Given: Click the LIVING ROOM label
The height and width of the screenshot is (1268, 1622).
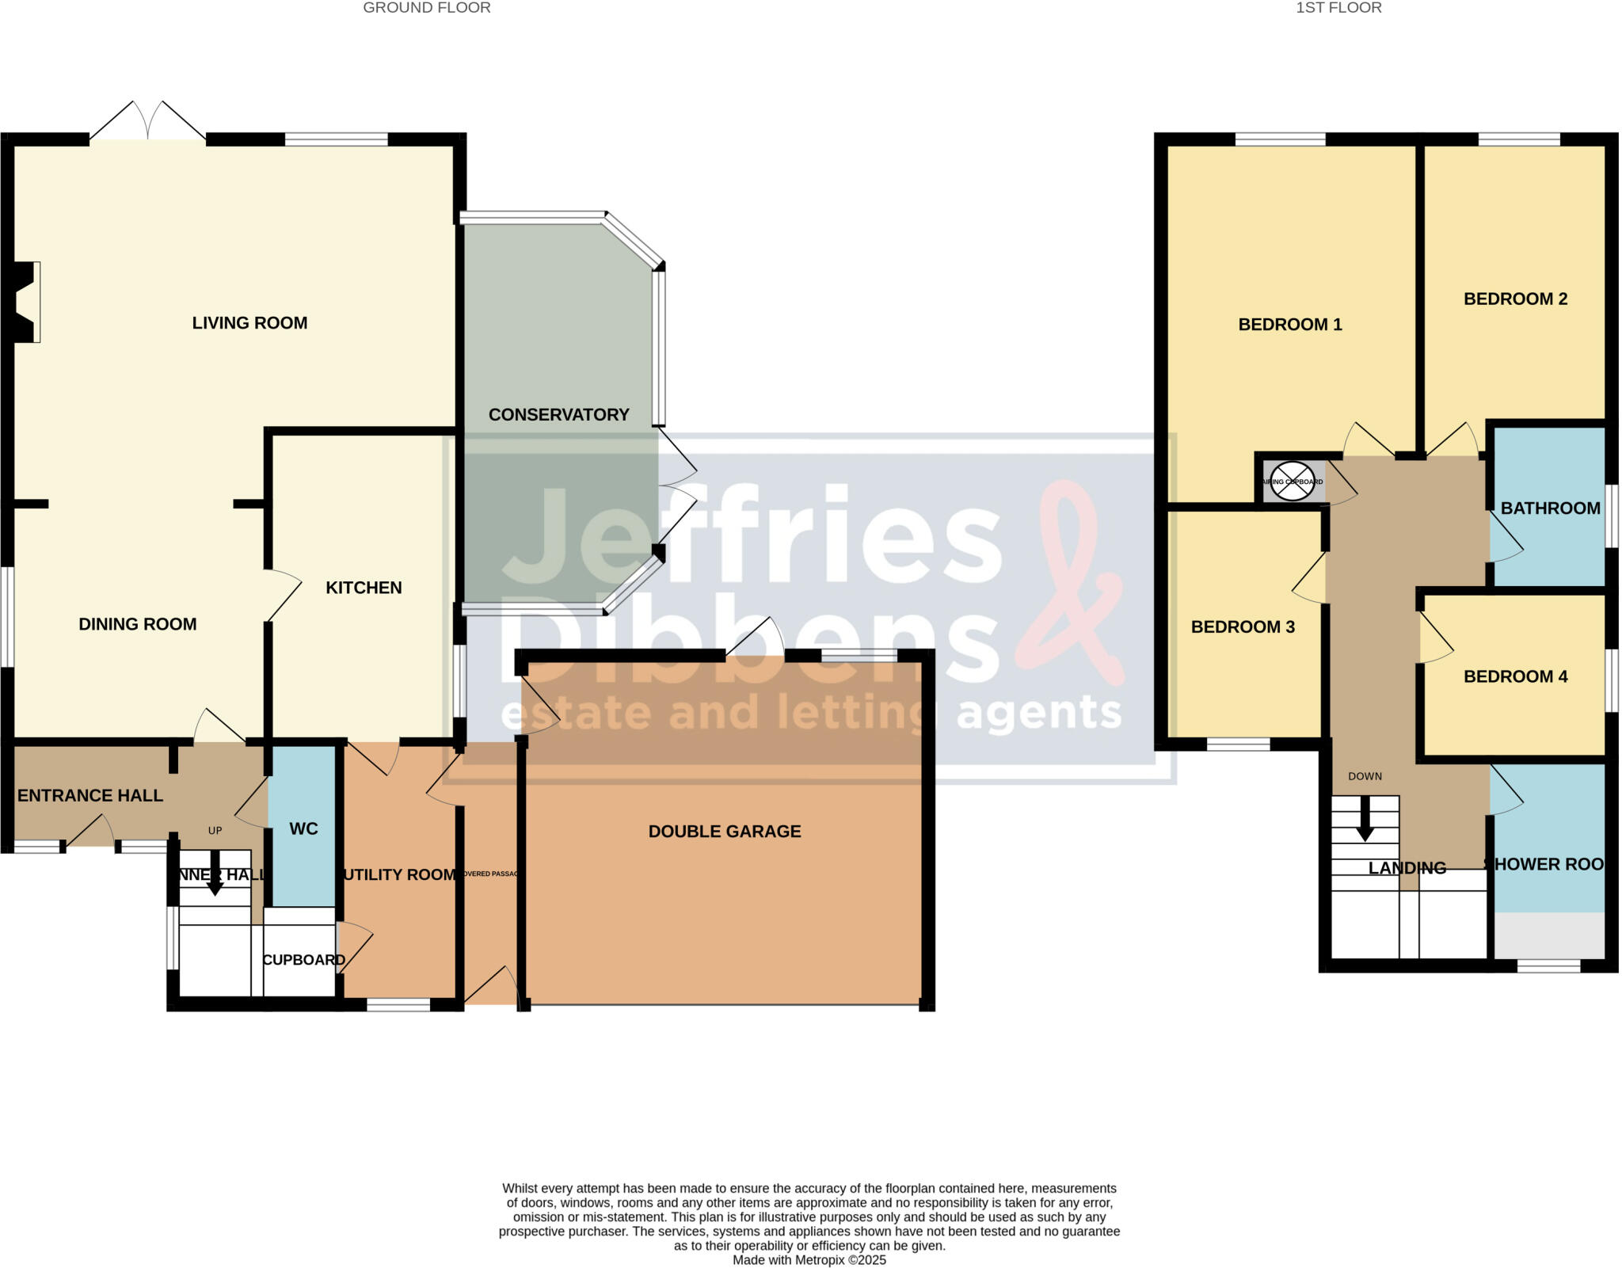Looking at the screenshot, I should pos(249,323).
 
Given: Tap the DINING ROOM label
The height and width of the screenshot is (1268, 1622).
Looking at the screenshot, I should pos(138,624).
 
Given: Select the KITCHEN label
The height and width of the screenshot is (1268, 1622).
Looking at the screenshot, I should pos(364,588).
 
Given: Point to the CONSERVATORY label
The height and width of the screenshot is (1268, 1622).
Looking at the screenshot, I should pos(558,415).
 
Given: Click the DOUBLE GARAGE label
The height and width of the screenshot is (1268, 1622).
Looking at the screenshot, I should pos(725,832).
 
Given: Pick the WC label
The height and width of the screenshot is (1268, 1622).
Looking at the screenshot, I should pos(303,829).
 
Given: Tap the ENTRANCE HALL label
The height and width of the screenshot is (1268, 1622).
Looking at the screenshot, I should pos(90,796).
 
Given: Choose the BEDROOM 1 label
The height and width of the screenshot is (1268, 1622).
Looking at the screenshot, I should pos(1290,325).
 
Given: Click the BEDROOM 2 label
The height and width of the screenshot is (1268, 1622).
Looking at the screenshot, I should pos(1515,299).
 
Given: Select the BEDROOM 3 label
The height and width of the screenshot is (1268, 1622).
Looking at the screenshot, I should pos(1243,627).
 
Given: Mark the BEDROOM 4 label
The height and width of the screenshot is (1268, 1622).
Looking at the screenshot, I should pos(1515,676).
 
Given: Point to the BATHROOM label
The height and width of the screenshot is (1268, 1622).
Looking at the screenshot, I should pos(1550,508).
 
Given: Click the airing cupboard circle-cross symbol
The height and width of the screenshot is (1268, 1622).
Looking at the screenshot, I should pos(1292,482).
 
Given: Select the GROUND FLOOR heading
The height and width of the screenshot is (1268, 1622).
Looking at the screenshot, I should pos(427,8).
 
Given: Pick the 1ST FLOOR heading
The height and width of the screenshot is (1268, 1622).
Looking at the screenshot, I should pos(1338,8).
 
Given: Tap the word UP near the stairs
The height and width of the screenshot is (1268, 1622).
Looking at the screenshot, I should pos(215,831).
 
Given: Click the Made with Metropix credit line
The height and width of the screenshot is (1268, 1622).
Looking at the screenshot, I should pos(809,1260).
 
